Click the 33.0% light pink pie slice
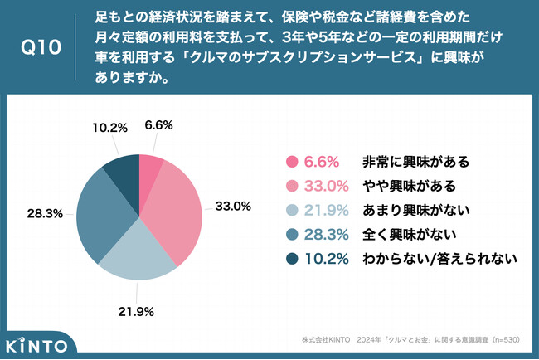174,207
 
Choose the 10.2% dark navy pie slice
122,171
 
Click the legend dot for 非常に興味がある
291,162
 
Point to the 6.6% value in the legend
323,162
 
